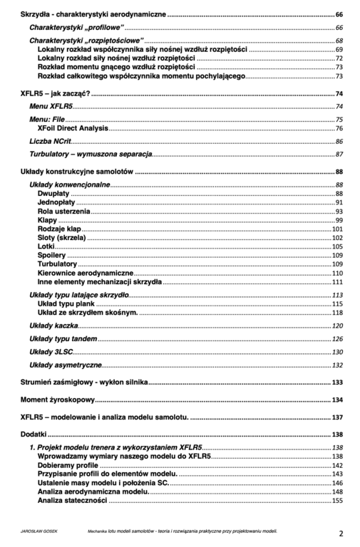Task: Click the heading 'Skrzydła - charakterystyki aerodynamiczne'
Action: coord(93,14)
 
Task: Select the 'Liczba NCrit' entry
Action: coord(50,142)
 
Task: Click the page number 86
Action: coord(339,142)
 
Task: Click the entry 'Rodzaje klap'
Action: coord(60,229)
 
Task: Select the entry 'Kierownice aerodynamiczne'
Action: coord(85,273)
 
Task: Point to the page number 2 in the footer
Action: coord(341,533)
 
